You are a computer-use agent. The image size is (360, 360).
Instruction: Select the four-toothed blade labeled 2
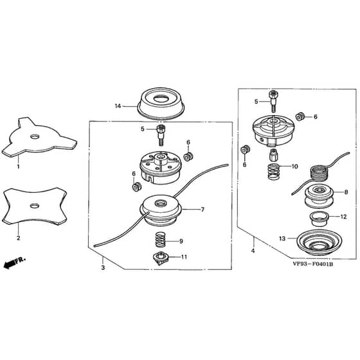coord(35,206)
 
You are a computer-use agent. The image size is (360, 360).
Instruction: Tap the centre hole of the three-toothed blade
coord(35,136)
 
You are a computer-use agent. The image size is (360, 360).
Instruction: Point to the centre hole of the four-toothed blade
coord(35,206)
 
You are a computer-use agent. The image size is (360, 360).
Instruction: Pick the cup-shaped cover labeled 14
coord(161,104)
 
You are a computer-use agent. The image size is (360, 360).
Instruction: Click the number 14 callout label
coord(118,106)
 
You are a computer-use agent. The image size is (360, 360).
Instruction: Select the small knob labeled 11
coord(161,258)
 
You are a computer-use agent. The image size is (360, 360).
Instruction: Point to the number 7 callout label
coord(203,210)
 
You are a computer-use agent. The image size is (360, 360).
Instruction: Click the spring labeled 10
coord(273,172)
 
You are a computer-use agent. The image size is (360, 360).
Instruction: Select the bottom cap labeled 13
coord(319,244)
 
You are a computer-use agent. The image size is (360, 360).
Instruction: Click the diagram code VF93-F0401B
coord(313,264)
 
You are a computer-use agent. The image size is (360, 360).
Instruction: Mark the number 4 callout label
coord(253,251)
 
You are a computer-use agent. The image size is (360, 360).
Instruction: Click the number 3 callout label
coord(103,267)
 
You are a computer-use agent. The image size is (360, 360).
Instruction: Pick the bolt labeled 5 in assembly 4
coord(273,102)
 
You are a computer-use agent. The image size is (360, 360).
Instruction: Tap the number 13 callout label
coord(282,239)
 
